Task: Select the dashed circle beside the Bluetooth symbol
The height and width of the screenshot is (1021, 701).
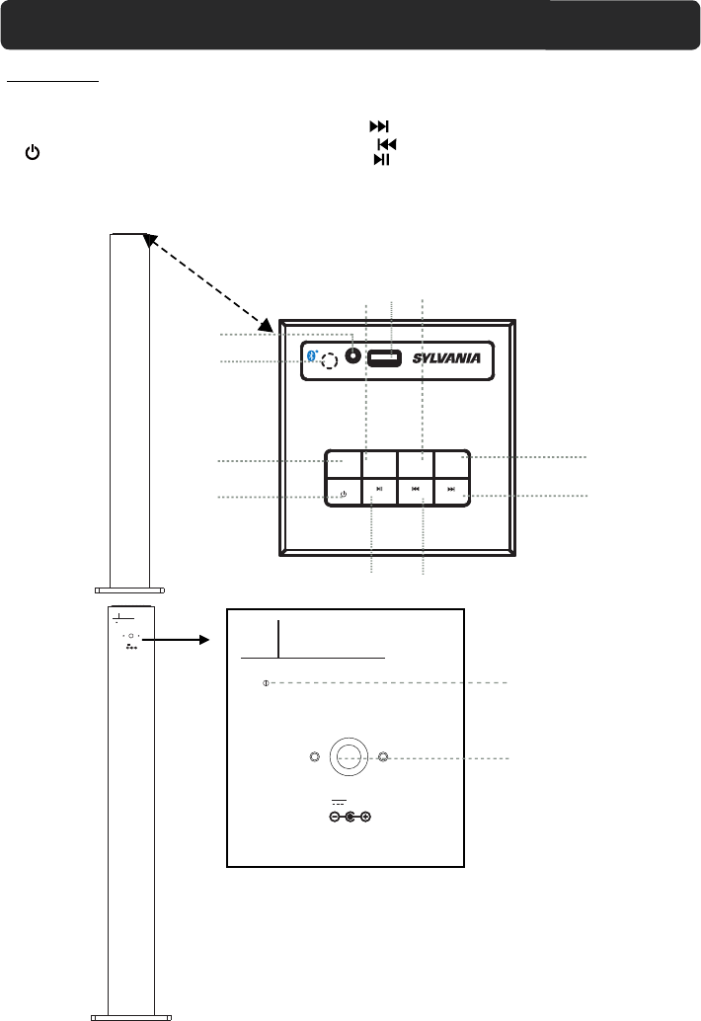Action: [330, 360]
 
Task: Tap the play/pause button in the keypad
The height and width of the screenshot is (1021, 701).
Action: [379, 489]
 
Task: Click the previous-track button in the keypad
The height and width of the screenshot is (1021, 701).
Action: [416, 489]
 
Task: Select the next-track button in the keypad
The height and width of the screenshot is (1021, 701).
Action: [451, 489]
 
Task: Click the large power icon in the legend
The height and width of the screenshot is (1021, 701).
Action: [34, 153]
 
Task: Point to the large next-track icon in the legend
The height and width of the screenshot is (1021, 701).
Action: [380, 126]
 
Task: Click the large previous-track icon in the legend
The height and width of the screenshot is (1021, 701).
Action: [387, 144]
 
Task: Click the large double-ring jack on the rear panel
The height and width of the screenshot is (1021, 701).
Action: [349, 757]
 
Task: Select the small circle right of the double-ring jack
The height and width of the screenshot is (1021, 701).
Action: [384, 757]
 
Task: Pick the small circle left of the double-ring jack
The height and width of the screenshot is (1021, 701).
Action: [314, 757]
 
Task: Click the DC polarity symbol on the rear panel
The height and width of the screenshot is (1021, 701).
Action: [350, 817]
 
